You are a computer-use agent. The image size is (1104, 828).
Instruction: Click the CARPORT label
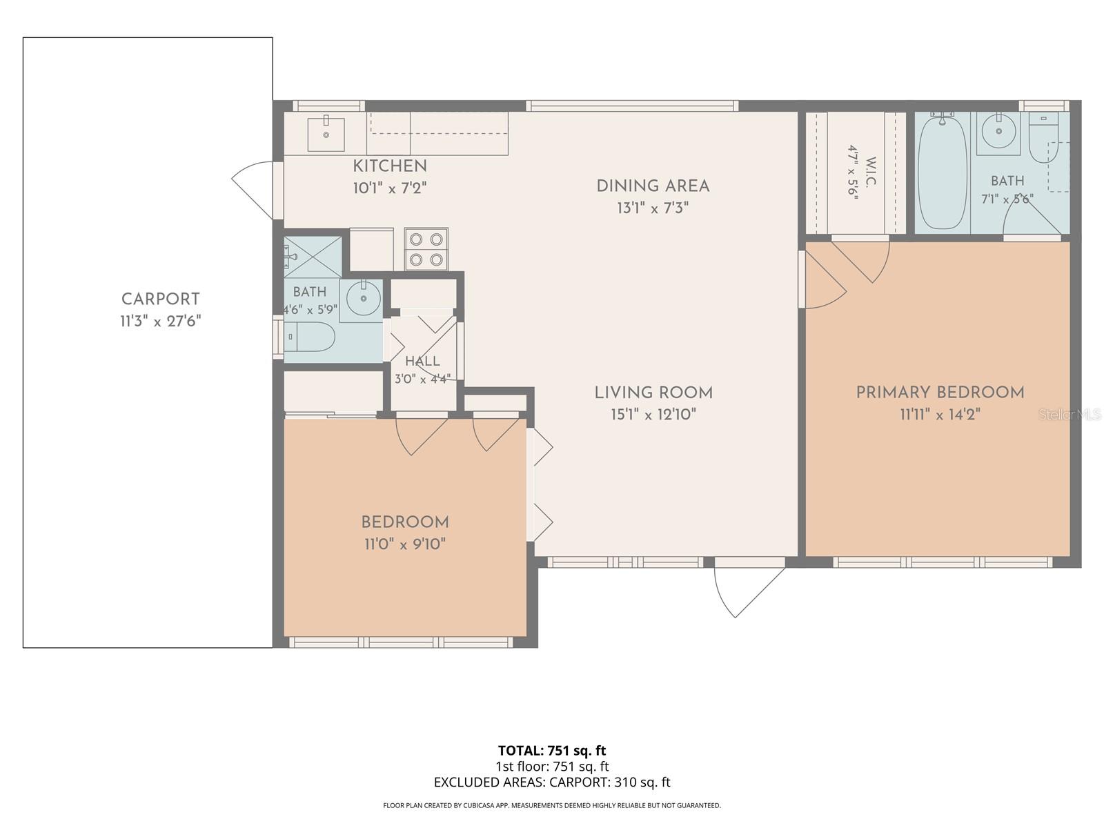161,299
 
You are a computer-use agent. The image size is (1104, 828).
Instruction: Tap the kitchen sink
326,135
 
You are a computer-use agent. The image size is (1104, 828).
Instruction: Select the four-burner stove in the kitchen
426,249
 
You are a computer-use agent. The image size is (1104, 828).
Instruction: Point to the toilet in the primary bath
1043,137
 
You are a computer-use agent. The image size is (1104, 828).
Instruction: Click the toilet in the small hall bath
309,336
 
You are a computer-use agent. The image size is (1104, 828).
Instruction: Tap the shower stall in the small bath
313,257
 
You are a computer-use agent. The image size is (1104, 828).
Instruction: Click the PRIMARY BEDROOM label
940,392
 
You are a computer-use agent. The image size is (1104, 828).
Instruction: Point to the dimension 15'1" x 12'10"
653,414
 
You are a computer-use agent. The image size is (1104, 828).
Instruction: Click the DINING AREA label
653,186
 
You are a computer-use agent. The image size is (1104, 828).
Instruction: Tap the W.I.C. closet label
871,171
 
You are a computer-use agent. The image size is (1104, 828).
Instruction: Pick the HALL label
422,361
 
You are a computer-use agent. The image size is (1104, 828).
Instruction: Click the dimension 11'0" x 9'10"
406,544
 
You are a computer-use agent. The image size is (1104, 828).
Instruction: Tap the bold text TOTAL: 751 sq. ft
552,751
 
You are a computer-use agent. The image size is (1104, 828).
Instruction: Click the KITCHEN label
390,166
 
